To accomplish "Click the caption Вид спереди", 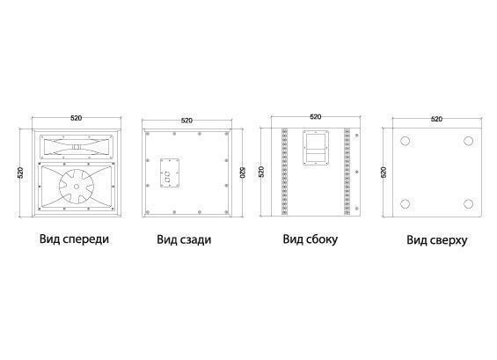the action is pyautogui.click(x=74, y=239).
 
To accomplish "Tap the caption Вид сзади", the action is pyautogui.click(x=184, y=239).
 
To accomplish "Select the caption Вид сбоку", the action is pyautogui.click(x=310, y=239).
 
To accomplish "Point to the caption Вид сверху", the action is pyautogui.click(x=437, y=240).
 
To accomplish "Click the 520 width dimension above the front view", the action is pyautogui.click(x=76, y=118).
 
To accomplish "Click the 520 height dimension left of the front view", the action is pyautogui.click(x=20, y=173).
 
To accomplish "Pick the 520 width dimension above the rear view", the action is pyautogui.click(x=186, y=121).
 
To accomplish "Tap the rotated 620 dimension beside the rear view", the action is pyautogui.click(x=242, y=173).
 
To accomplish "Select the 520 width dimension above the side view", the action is pyautogui.click(x=316, y=117).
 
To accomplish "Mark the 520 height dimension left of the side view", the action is pyautogui.click(x=261, y=172).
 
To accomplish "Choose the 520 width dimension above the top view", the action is pyautogui.click(x=437, y=119).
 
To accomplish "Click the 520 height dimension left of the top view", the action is pyautogui.click(x=384, y=173).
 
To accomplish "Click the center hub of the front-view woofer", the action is pyautogui.click(x=77, y=187).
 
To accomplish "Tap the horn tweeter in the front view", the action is pyautogui.click(x=76, y=146).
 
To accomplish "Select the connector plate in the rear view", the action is pyautogui.click(x=170, y=173).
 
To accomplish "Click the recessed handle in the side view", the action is pyautogui.click(x=315, y=148).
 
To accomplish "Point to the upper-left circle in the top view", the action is pyautogui.click(x=406, y=141).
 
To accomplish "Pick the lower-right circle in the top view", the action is pyautogui.click(x=469, y=203).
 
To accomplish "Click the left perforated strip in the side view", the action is pyautogui.click(x=284, y=172).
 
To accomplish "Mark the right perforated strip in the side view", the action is pyautogui.click(x=347, y=172).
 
